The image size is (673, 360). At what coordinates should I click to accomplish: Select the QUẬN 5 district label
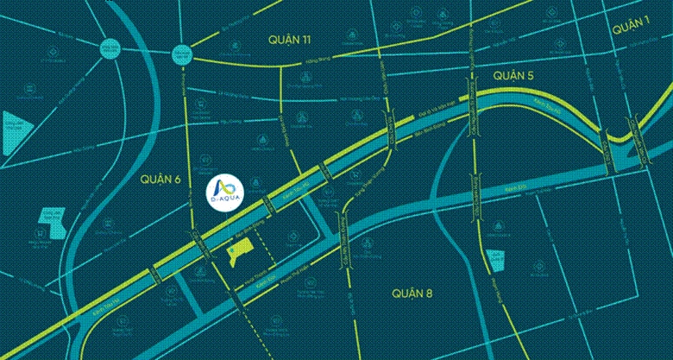(514, 77)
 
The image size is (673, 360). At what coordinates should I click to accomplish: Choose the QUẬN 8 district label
(411, 293)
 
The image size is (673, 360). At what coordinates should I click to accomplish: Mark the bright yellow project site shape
(239, 252)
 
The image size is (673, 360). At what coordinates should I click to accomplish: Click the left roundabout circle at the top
(110, 49)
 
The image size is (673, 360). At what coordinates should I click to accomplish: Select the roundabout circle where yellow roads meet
(181, 52)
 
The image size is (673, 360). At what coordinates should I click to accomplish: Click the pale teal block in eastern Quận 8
(494, 260)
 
